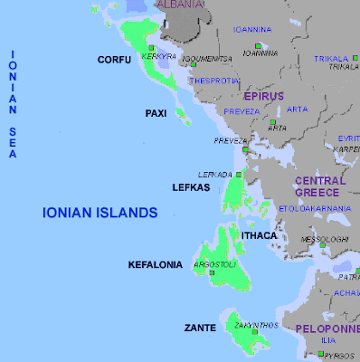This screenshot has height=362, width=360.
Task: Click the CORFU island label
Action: (x=114, y=60)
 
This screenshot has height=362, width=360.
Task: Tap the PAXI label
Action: (x=156, y=113)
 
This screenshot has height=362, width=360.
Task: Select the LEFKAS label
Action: (x=190, y=187)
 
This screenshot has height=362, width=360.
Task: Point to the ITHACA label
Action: (x=259, y=234)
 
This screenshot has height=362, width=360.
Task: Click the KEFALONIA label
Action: (x=156, y=265)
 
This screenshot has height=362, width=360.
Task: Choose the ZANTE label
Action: (x=199, y=327)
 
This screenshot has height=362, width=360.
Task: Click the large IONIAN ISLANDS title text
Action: (x=100, y=213)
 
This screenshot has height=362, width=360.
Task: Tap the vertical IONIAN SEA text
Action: (x=14, y=104)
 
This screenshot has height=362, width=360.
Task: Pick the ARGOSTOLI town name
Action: (x=213, y=264)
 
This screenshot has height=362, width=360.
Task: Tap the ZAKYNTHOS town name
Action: (x=248, y=324)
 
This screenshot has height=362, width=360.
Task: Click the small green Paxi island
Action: (x=182, y=115)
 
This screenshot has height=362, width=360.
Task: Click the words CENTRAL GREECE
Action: (x=317, y=186)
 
